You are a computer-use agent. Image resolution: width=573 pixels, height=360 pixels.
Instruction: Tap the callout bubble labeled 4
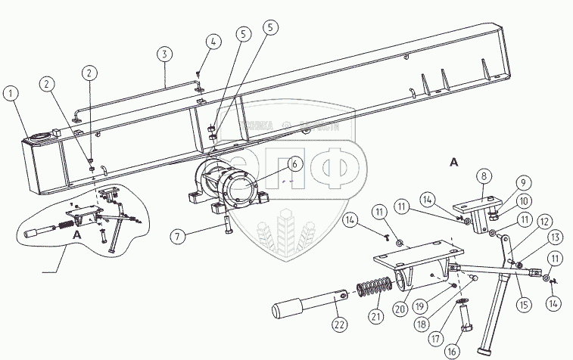(x=214, y=42)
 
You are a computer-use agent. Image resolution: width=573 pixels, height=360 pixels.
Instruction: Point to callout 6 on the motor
(x=294, y=162)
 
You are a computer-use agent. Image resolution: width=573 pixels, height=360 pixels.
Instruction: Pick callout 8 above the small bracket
(x=483, y=176)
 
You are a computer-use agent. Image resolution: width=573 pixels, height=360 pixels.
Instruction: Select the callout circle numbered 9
(x=522, y=182)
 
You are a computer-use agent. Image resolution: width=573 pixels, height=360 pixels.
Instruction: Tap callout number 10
(x=522, y=200)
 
